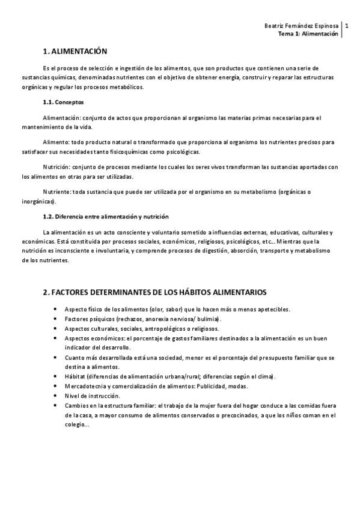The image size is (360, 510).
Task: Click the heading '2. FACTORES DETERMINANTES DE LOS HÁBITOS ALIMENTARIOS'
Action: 155,292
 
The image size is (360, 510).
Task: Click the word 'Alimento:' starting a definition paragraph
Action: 56,142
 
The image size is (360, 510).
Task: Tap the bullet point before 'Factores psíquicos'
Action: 56,319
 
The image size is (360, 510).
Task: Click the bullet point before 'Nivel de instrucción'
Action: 56,396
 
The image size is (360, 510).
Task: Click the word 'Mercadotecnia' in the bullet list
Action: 85,386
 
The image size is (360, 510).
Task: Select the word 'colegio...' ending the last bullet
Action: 77,425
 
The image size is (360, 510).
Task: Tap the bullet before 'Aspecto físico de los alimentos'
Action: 56,309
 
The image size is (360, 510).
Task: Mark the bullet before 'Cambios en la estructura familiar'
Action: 56,405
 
